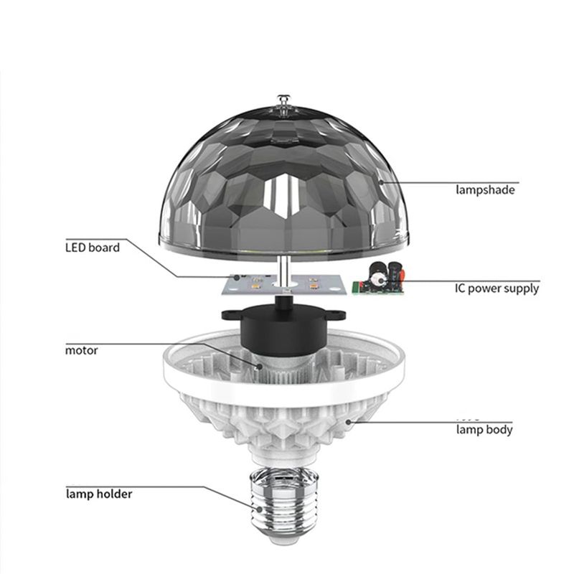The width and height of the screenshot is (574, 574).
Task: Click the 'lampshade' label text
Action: [x=485, y=190]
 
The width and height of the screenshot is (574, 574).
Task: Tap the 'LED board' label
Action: [x=93, y=248]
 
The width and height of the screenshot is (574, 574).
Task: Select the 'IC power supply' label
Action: [x=497, y=288]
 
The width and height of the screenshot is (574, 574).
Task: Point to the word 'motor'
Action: [x=81, y=350]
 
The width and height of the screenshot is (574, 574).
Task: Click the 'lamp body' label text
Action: [x=484, y=429]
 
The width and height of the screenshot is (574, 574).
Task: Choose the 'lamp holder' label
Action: [x=99, y=494]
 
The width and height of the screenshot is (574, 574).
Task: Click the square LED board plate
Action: [x=284, y=284]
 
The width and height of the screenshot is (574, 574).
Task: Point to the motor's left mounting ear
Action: [x=230, y=314]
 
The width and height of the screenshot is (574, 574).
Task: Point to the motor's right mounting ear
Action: [x=336, y=314]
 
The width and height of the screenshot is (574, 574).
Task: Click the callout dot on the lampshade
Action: [x=381, y=182]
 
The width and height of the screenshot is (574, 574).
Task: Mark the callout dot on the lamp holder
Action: [x=259, y=509]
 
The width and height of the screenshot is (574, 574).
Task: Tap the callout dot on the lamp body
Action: [x=348, y=422]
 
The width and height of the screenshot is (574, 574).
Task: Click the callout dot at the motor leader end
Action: [x=259, y=366]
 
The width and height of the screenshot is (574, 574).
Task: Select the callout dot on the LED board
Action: [x=237, y=277]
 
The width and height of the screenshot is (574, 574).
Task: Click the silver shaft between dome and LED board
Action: [x=283, y=271]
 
